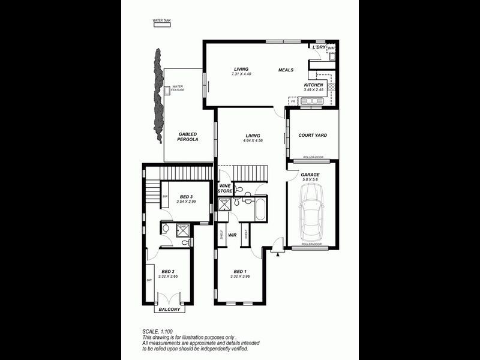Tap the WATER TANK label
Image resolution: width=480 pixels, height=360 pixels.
(x=161, y=21)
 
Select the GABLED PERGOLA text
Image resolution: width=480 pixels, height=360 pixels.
(x=187, y=136)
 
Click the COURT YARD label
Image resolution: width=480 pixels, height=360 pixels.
(x=313, y=135)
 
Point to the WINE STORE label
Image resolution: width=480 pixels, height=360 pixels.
(x=225, y=188)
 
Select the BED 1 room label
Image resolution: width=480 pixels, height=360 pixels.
(x=239, y=271)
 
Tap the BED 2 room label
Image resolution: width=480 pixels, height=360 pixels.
(x=168, y=271)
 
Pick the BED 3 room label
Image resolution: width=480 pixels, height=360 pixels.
(x=186, y=197)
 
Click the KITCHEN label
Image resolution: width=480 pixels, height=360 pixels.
(x=313, y=85)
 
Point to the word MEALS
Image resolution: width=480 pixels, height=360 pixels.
(x=286, y=70)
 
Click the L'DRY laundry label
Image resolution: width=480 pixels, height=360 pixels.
(x=319, y=47)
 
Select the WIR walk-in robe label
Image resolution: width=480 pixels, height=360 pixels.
(x=232, y=235)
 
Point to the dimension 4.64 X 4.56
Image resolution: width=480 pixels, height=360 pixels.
(x=253, y=140)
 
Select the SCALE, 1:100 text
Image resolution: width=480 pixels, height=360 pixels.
(x=158, y=332)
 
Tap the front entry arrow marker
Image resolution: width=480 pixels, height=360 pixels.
(x=278, y=254)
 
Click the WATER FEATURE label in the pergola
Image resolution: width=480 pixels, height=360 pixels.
(x=178, y=88)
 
